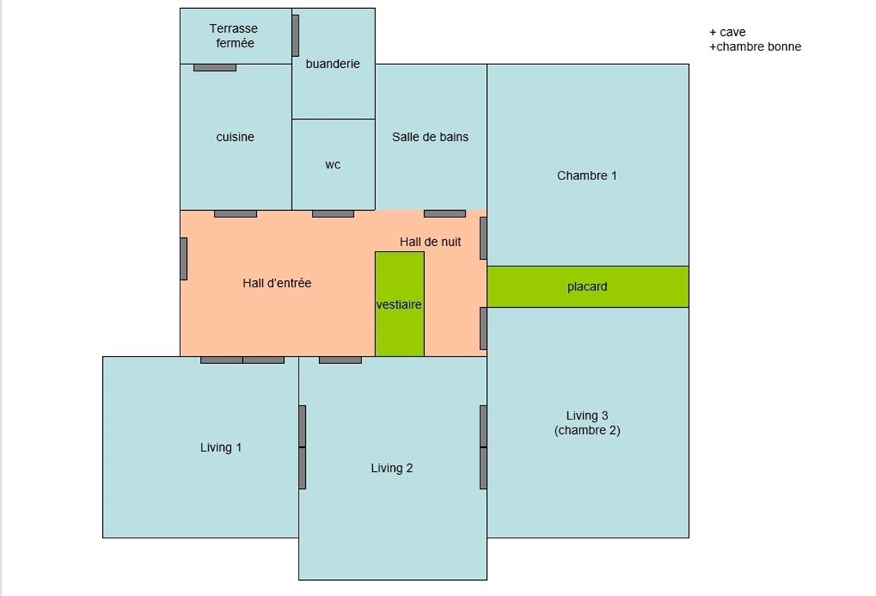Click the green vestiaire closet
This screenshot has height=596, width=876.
coord(400,303)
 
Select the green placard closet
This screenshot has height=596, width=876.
coord(588,287)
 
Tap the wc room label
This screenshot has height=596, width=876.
coord(333,165)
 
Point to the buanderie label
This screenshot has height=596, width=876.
coord(333,63)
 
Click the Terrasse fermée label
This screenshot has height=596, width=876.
coord(234,36)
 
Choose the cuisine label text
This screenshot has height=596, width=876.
coord(235,137)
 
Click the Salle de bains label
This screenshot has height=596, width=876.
coord(430,137)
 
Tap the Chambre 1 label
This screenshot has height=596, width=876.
coord(587,176)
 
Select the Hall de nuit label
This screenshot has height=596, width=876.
coord(430,242)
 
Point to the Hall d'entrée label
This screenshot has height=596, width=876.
coord(277,283)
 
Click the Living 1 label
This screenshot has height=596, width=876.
coord(221,447)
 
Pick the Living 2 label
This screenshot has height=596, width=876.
coord(392,468)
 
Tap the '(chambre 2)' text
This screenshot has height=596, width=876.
coord(588,430)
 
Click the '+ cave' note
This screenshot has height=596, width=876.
coord(727,32)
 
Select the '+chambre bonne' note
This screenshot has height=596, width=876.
coord(756,47)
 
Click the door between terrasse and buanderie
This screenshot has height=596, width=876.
coord(296,36)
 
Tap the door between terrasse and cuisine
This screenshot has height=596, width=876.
coord(215,68)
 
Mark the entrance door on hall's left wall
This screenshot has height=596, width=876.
coord(184,259)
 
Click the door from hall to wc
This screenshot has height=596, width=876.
coord(333,214)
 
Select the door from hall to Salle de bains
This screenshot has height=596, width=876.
coord(445,214)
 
